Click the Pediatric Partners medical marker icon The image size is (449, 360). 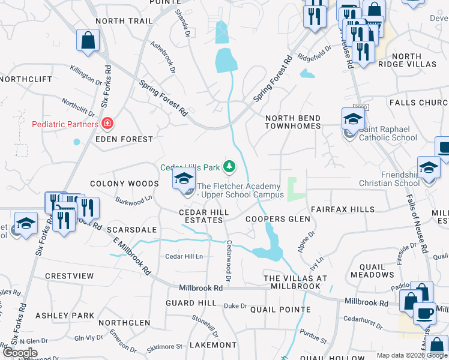tap(107, 124)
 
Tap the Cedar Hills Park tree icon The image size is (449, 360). tap(229, 166)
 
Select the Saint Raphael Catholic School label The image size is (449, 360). tap(388, 133)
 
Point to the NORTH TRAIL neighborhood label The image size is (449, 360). tap(124, 21)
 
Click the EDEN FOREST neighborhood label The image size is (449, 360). tap(125, 139)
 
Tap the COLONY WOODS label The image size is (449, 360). tap(124, 184)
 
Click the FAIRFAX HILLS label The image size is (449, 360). tap(342, 209)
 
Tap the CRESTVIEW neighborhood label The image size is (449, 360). tap(70, 276)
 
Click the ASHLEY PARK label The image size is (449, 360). tap(65, 316)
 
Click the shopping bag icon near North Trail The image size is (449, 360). tap(88, 41)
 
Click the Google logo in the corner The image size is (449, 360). tap(20, 353)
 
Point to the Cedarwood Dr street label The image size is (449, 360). tap(229, 261)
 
